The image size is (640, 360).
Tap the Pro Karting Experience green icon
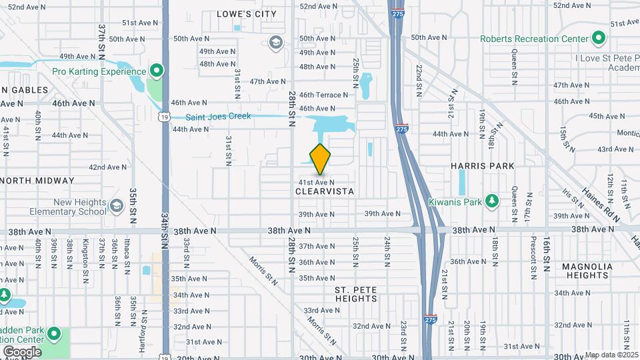(x=157, y=70)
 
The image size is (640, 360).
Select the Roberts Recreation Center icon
(x=599, y=38)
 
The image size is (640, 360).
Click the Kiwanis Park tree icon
(x=493, y=201)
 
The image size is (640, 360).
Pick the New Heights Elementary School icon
(x=117, y=206)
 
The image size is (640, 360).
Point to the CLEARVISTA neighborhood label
(x=324, y=191)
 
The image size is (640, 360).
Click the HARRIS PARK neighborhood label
(x=483, y=165)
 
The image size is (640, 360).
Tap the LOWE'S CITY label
(x=247, y=13)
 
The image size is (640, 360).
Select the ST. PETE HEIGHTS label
(x=356, y=294)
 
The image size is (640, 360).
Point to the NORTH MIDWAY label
(x=38, y=181)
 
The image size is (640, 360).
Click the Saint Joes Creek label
(x=218, y=117)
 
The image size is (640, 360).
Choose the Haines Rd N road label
(x=601, y=204)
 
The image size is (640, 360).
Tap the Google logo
(x=22, y=351)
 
